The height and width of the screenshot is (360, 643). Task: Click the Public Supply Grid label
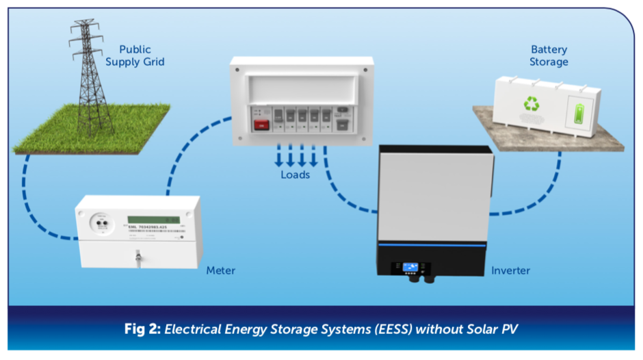click(x=142, y=55)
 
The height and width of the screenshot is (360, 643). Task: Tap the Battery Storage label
click(x=549, y=55)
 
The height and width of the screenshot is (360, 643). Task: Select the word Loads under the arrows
click(x=296, y=175)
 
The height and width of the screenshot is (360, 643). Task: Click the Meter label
click(x=220, y=270)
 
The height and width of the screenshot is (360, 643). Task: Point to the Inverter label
click(x=510, y=270)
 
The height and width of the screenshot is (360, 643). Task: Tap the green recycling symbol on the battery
click(x=532, y=104)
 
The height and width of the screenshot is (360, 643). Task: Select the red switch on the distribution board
click(x=261, y=125)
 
